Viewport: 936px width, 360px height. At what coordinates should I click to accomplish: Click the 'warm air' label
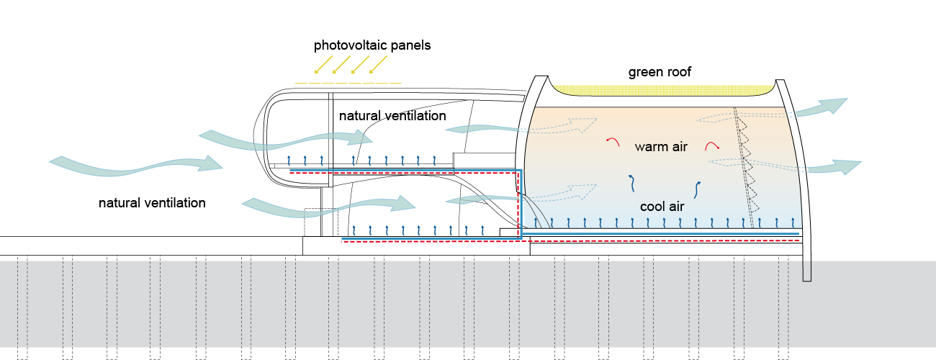pos(660,147)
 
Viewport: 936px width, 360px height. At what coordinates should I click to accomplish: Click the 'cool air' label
pos(662,207)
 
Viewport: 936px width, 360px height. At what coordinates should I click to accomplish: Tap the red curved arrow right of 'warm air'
pos(713,146)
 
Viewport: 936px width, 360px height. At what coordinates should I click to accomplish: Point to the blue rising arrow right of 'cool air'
pos(696,189)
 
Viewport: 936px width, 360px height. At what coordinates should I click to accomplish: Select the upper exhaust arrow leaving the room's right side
pos(821,107)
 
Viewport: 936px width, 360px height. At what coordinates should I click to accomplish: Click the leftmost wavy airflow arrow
pos(137,166)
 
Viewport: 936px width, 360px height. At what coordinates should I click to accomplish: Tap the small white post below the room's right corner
pos(807,270)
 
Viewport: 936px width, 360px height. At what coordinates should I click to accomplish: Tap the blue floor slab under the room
pos(662,233)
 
